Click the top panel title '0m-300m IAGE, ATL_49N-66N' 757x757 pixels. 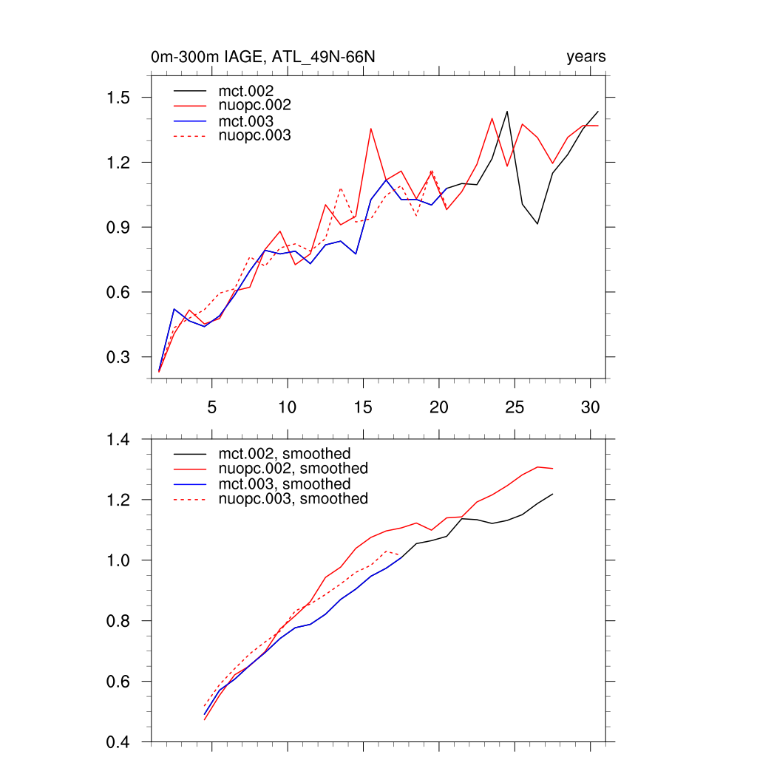(267, 57)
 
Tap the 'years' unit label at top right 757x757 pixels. (586, 57)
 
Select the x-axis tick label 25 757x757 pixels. (515, 407)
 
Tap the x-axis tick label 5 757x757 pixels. (212, 407)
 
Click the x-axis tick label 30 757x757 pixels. (590, 407)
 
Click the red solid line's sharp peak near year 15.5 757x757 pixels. (371, 129)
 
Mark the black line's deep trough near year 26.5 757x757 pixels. (537, 223)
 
